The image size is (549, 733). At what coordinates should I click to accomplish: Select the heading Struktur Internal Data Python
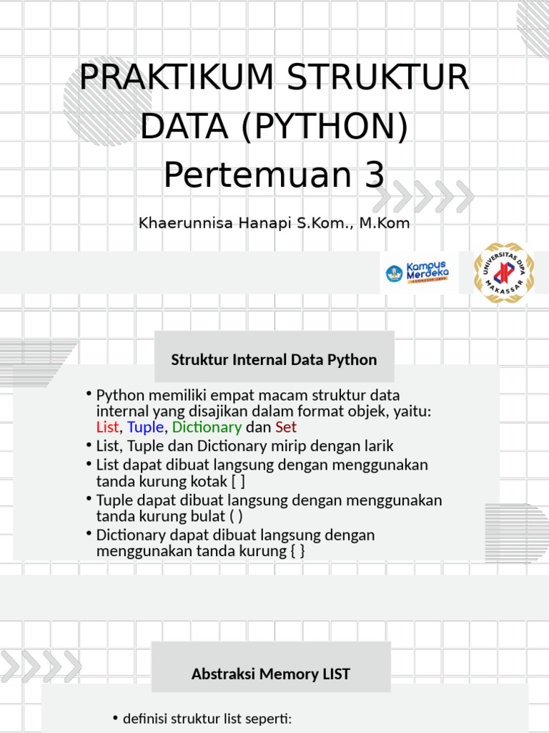coord(274,359)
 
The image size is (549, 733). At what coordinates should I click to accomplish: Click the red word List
coord(108,427)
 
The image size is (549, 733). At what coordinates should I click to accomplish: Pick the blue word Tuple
coord(145,427)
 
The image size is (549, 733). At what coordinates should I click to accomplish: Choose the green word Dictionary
coord(207,427)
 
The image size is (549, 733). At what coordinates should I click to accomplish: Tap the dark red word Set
coord(286,427)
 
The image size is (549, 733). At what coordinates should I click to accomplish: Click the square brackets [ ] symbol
coord(239,481)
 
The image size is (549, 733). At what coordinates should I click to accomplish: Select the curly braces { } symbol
coord(297,550)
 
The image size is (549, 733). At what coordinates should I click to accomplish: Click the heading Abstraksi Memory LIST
coord(271,674)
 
